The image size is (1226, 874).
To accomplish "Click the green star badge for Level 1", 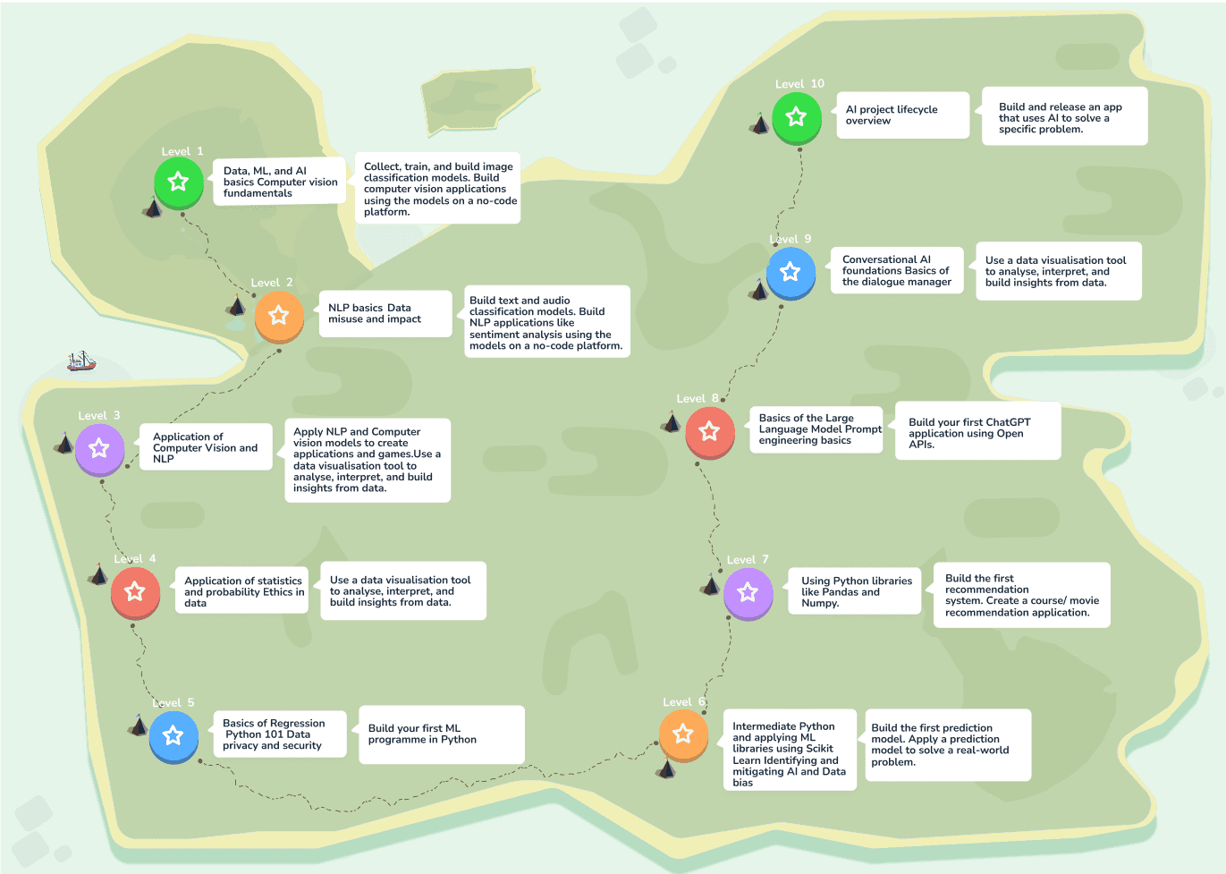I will click(x=178, y=182).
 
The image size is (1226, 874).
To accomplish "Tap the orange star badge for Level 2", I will click(x=279, y=315).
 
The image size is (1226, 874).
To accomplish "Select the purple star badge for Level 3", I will click(x=99, y=448).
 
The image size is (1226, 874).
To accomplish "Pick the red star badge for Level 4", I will click(x=135, y=591).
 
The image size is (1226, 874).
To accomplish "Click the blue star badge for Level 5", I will click(x=173, y=735).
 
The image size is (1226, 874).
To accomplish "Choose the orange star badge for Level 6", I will click(x=683, y=734).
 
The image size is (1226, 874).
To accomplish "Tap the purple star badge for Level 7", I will click(x=748, y=592).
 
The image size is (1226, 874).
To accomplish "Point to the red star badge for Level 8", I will click(x=710, y=431).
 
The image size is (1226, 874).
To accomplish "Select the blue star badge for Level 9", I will click(x=791, y=271).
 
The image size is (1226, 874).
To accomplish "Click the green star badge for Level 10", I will click(x=797, y=116).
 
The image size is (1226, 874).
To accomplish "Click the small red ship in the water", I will click(x=81, y=361).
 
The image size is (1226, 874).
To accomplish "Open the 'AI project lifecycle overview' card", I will click(x=901, y=115).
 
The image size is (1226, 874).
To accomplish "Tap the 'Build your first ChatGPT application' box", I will click(x=977, y=432).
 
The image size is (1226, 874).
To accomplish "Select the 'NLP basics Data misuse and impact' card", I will click(x=385, y=313).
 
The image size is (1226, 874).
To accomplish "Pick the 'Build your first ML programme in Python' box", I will click(x=440, y=734).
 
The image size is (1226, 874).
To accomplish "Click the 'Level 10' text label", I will click(x=799, y=84).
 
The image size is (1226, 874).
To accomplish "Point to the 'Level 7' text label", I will click(x=748, y=560).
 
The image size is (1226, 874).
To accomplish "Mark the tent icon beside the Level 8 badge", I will click(x=672, y=421).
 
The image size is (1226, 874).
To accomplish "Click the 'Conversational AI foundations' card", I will click(x=897, y=271).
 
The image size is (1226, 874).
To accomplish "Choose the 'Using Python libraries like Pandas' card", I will click(x=854, y=591).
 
